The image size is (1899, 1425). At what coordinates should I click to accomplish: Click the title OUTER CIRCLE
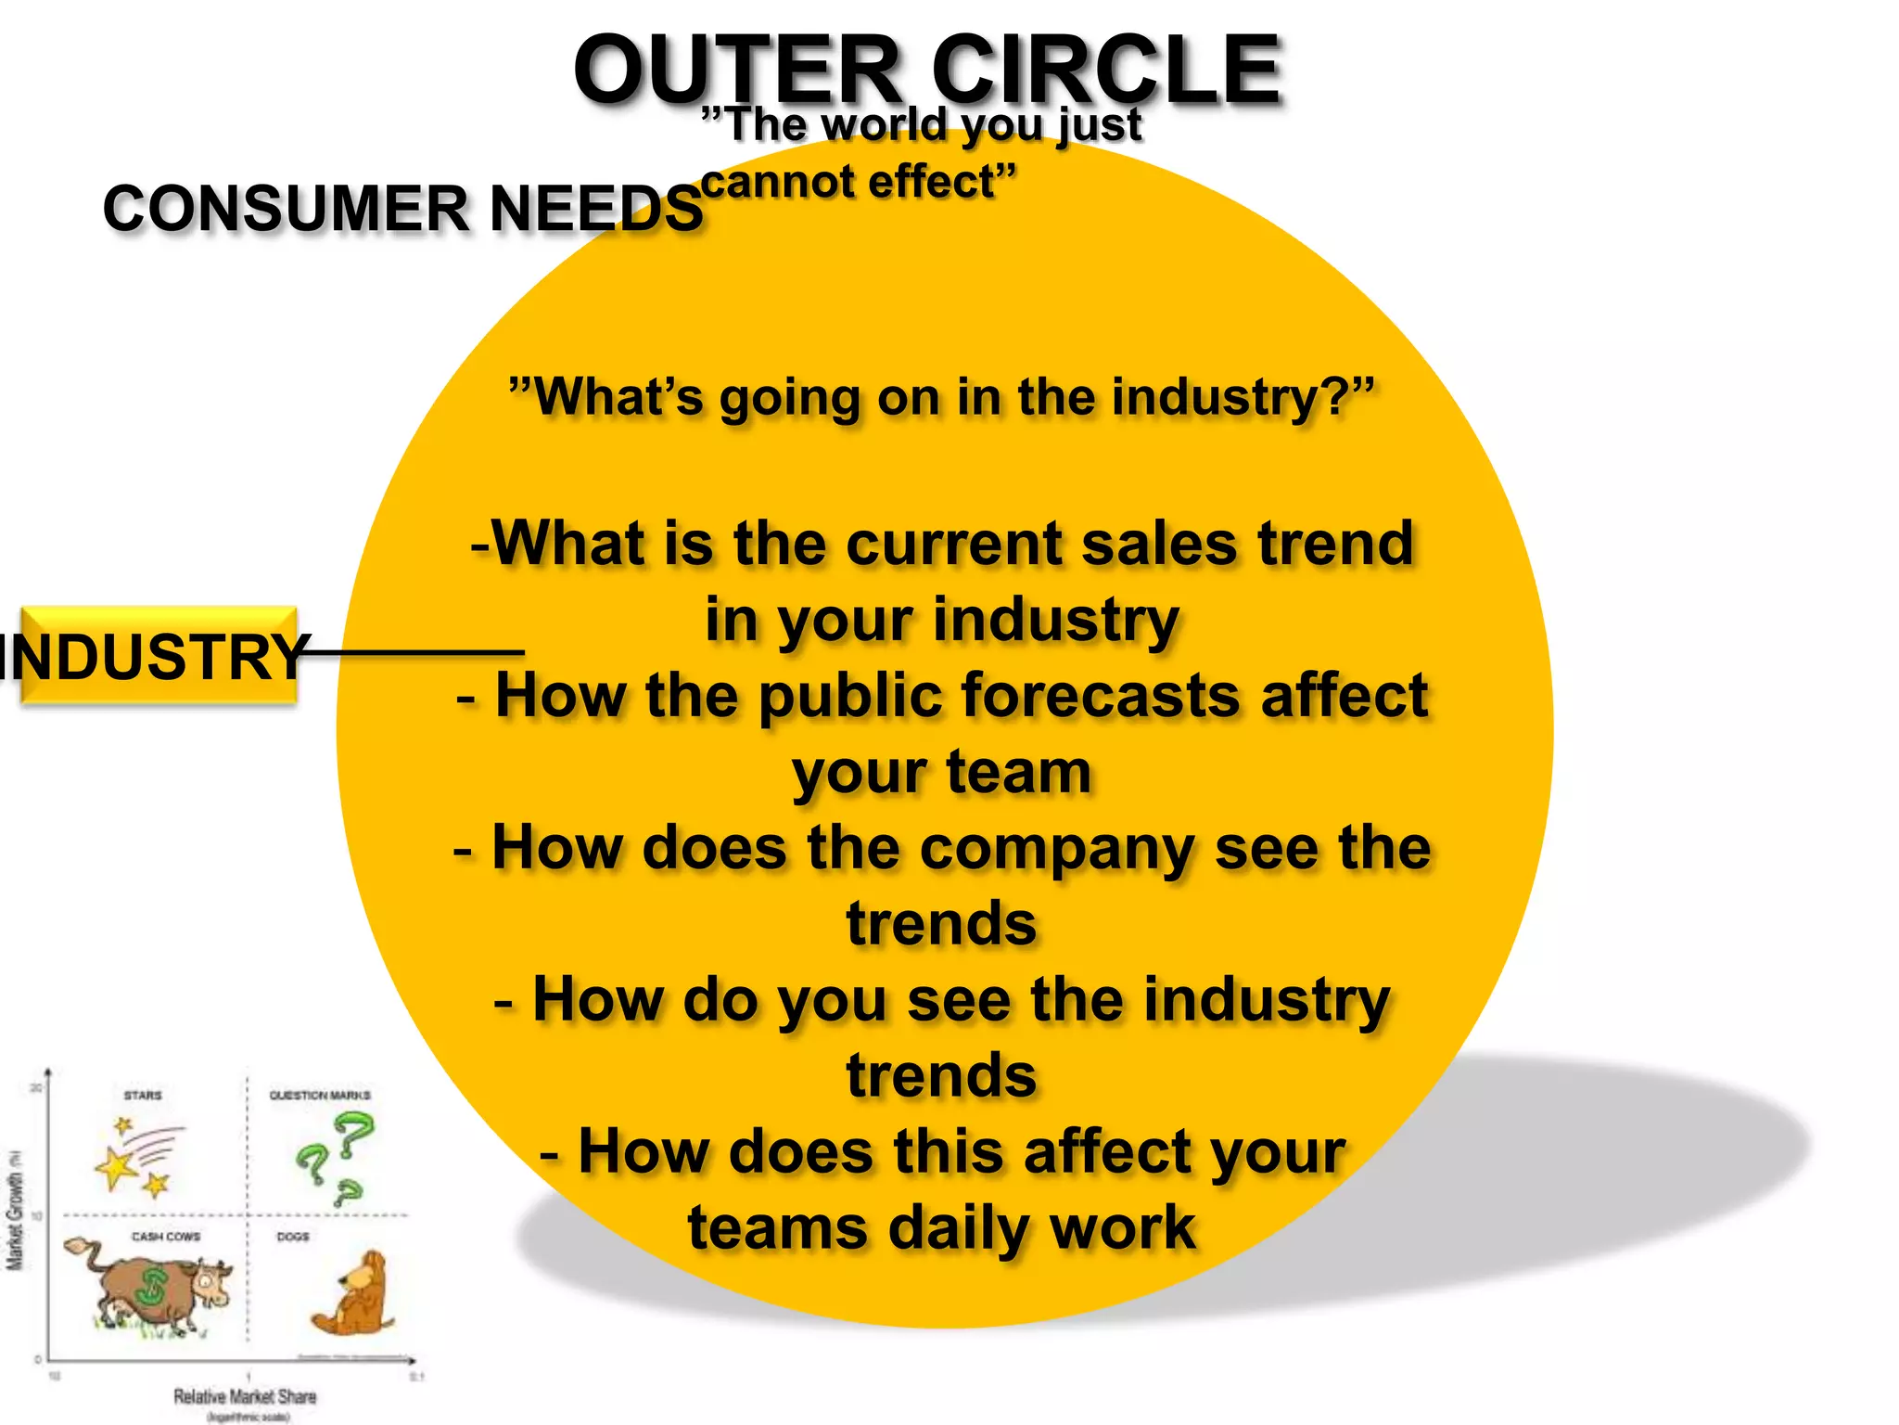point(927,70)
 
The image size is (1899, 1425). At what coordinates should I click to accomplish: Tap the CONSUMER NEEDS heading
point(402,208)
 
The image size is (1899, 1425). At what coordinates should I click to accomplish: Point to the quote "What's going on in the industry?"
point(941,397)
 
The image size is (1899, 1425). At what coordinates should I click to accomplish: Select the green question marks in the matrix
point(336,1159)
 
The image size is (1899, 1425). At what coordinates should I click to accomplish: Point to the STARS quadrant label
point(143,1096)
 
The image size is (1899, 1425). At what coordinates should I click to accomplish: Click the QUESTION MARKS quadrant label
point(320,1096)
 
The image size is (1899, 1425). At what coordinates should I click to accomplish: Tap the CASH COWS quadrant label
point(166,1237)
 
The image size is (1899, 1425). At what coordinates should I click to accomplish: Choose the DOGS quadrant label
point(293,1237)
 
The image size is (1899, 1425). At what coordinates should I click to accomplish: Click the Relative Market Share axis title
point(245,1396)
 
